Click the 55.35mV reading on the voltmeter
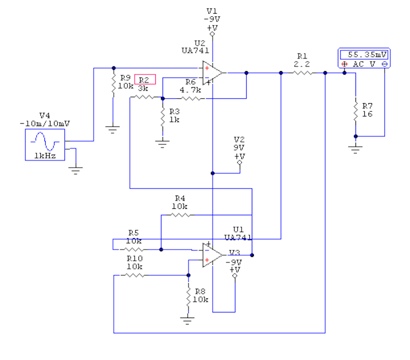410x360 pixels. [367, 55]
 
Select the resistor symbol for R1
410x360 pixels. [303, 73]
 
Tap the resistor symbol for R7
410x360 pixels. [356, 112]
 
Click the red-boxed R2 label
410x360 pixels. [145, 80]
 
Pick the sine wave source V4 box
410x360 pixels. [45, 144]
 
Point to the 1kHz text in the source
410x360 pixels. [45, 156]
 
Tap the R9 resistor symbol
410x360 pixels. [113, 83]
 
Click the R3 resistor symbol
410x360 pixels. [163, 116]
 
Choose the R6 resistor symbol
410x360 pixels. [191, 98]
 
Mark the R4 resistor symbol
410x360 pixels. [181, 215]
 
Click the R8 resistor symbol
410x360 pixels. [188, 297]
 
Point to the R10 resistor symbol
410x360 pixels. [135, 275]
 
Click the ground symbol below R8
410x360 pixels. [187, 321]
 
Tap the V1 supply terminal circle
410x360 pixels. [212, 34]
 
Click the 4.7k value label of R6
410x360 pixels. [190, 90]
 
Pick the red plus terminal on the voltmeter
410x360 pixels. [345, 64]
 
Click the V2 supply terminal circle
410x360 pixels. [239, 162]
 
